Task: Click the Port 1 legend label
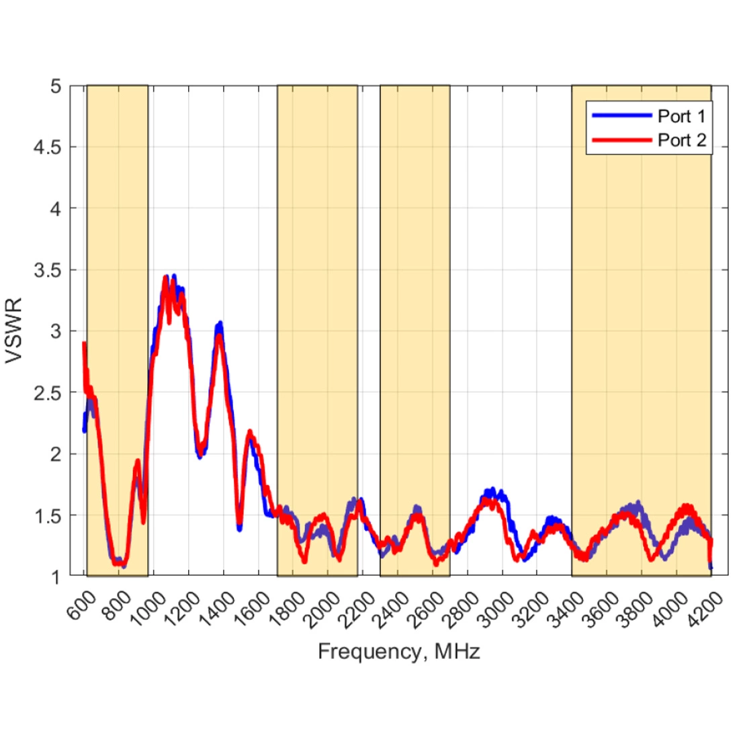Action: pyautogui.click(x=681, y=116)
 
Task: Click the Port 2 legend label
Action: pyautogui.click(x=681, y=140)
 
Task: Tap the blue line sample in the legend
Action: pyautogui.click(x=621, y=116)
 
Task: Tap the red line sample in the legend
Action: pyautogui.click(x=621, y=140)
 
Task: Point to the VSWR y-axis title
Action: pyautogui.click(x=15, y=331)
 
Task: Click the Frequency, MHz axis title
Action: pyautogui.click(x=399, y=651)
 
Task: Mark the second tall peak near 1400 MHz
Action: pyautogui.click(x=219, y=325)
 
